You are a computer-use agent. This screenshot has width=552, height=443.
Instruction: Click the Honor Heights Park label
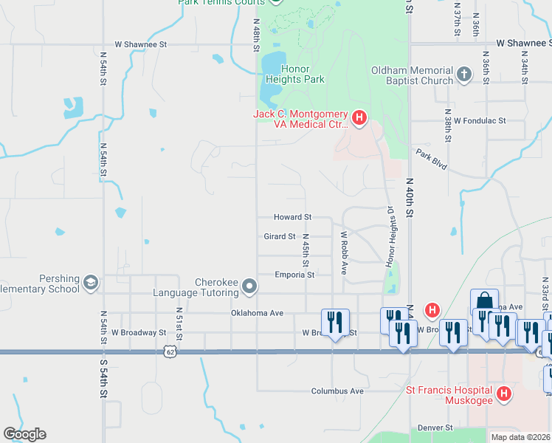click(294, 74)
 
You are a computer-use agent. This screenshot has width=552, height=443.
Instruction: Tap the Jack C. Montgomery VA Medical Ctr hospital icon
click(359, 117)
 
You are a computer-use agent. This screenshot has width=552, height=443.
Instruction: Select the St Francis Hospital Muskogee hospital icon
click(504, 394)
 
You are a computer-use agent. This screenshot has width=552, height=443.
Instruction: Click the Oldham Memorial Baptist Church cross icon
click(463, 75)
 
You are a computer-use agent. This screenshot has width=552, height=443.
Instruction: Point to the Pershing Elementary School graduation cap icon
click(90, 283)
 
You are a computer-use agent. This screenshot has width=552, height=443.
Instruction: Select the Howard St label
click(293, 218)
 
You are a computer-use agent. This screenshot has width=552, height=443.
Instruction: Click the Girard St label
click(280, 237)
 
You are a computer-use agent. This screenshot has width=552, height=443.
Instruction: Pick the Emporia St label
click(294, 275)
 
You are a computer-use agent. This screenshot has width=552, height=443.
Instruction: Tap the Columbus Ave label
click(337, 391)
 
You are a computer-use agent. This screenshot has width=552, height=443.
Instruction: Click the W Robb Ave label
click(344, 253)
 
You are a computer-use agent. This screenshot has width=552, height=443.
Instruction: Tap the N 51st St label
click(179, 321)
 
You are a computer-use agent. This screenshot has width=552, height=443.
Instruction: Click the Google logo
click(24, 434)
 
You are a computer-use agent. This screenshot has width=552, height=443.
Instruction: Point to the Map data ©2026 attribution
click(520, 437)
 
